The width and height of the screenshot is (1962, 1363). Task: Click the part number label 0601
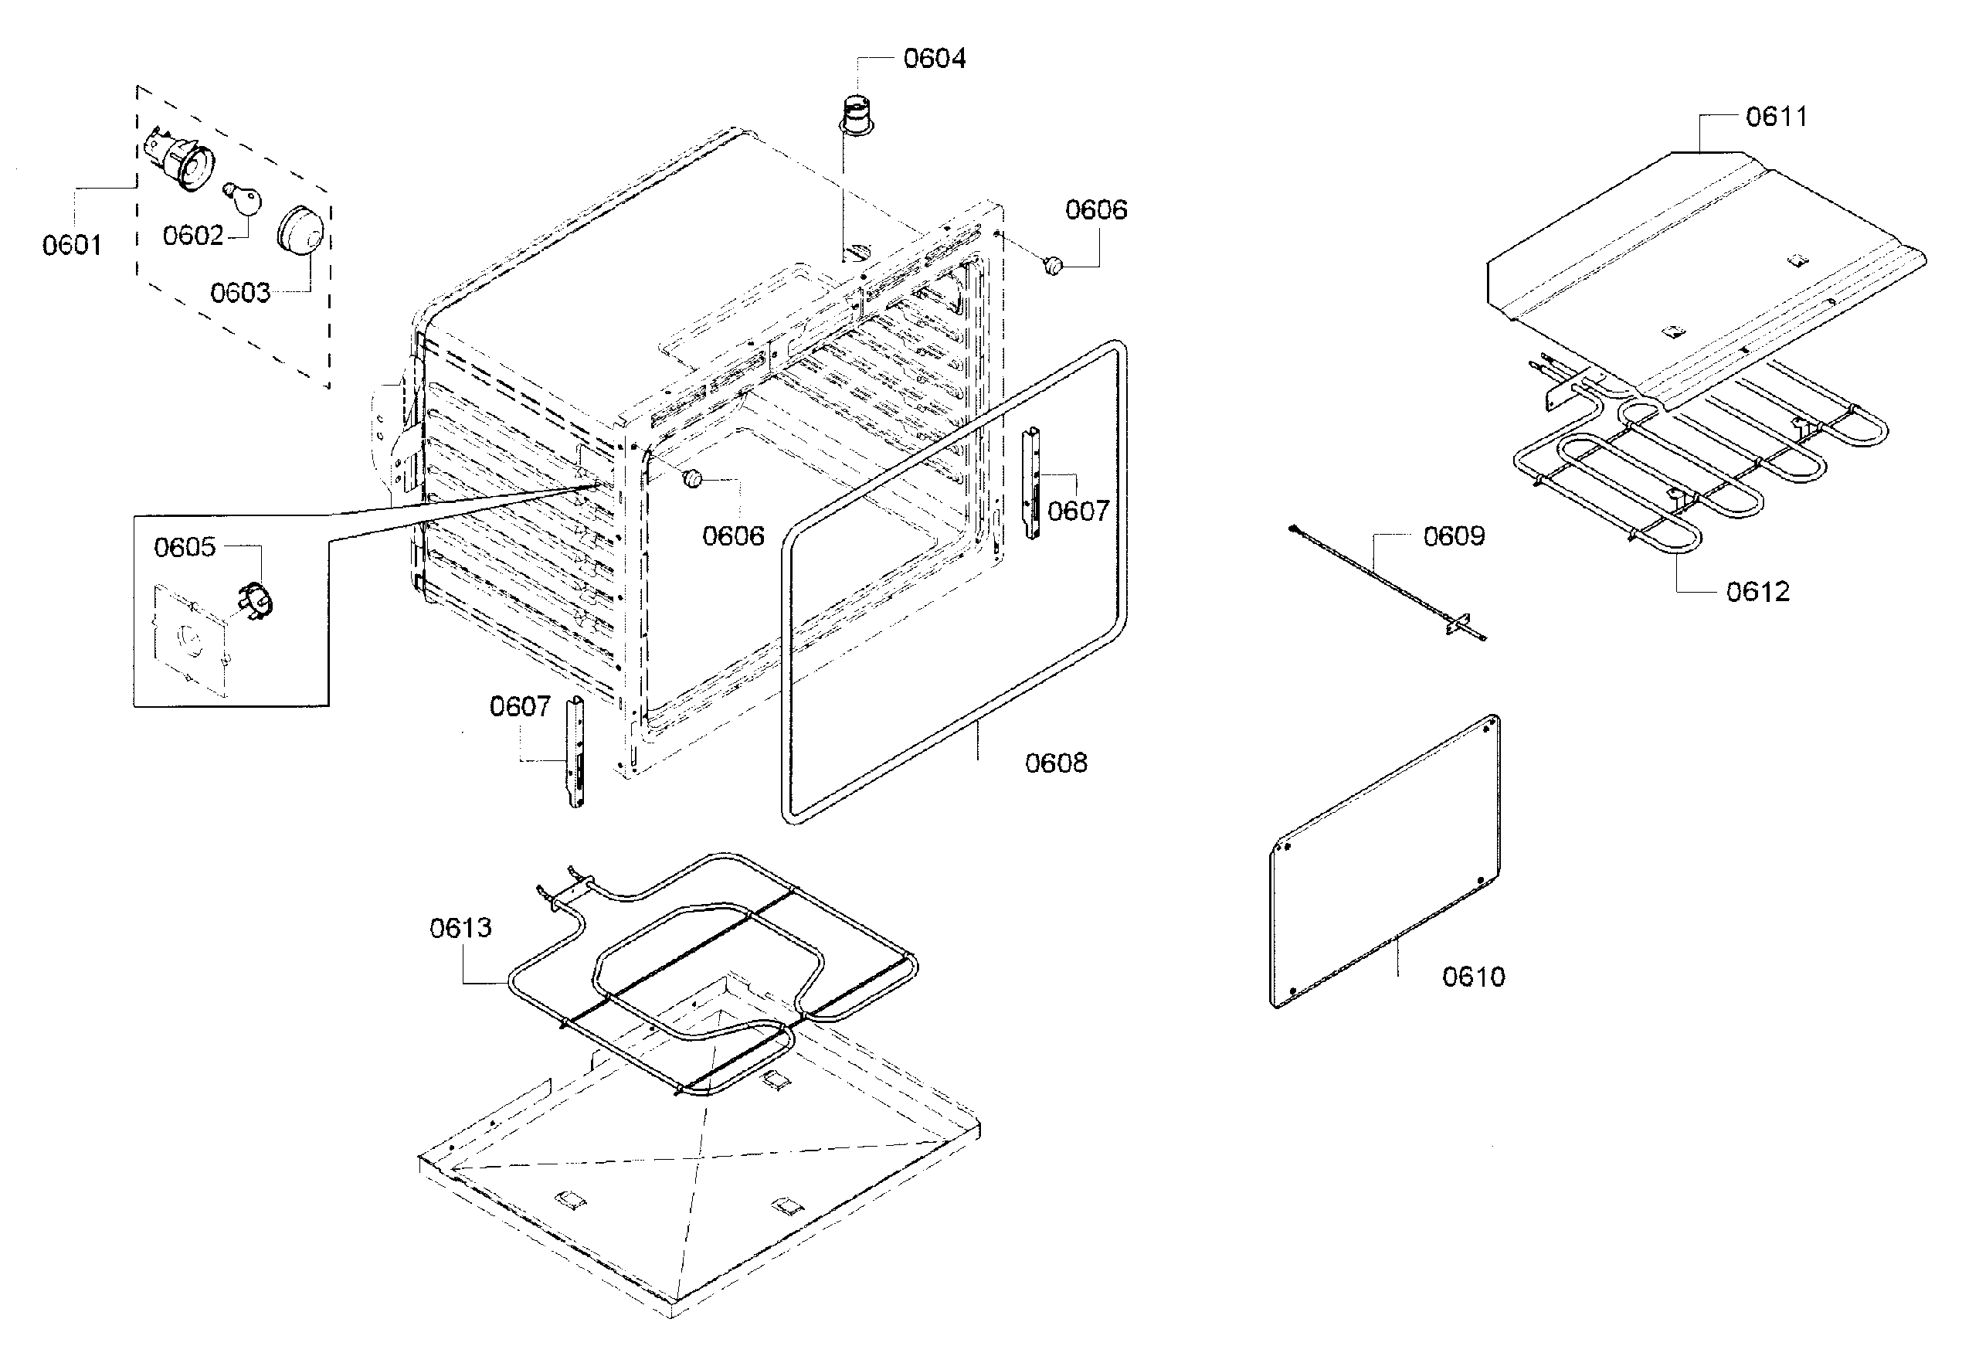(x=72, y=245)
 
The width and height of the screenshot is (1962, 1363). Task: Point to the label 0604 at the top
(x=934, y=58)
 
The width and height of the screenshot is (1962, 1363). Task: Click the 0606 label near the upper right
(x=1095, y=209)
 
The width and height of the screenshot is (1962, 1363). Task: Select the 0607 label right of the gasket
(x=1078, y=511)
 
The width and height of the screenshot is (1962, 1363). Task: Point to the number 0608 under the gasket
(x=1055, y=763)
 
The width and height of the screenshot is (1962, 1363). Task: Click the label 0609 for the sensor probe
(x=1453, y=535)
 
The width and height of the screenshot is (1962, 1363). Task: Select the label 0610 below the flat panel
(x=1473, y=976)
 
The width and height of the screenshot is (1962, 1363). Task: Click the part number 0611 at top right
(x=1776, y=116)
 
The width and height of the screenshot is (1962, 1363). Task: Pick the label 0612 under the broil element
(x=1757, y=591)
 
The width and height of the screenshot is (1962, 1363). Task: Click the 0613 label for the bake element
(x=460, y=927)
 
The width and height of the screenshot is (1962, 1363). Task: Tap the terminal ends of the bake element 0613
(x=555, y=884)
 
